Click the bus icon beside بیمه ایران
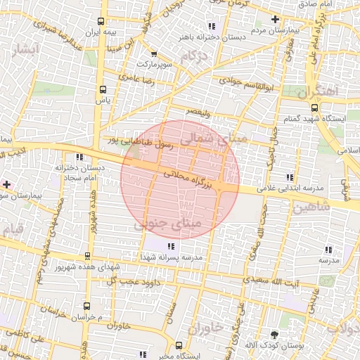click(x=103, y=20)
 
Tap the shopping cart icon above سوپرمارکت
click(x=154, y=53)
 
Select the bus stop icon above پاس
click(x=103, y=89)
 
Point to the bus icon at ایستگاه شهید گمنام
click(x=314, y=108)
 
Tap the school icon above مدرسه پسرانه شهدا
click(x=171, y=246)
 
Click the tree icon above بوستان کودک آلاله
click(x=274, y=335)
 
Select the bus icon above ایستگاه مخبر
click(x=179, y=345)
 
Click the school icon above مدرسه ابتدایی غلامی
click(x=289, y=177)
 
